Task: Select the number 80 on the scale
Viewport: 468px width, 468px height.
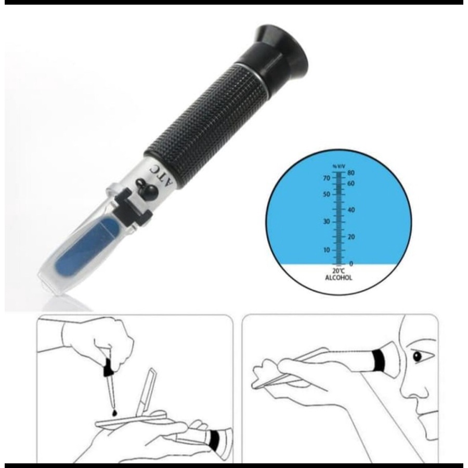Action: click(350, 173)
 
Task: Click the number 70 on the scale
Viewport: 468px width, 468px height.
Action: click(327, 178)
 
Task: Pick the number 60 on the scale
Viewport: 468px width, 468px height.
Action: click(350, 183)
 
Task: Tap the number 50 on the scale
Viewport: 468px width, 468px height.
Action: click(327, 194)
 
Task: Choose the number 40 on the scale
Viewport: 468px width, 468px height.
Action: click(351, 210)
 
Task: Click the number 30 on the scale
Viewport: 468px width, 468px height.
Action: click(327, 222)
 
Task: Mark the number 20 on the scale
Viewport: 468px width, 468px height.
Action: click(351, 237)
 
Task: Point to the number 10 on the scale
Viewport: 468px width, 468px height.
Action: click(327, 250)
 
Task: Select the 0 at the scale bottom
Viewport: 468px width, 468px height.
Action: click(351, 264)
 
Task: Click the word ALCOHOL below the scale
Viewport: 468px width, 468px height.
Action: click(339, 278)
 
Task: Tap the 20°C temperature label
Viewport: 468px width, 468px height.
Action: click(339, 271)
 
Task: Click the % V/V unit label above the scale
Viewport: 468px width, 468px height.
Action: click(339, 166)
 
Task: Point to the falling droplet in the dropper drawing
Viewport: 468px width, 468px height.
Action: click(114, 413)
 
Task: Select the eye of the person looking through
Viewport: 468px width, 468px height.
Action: click(417, 356)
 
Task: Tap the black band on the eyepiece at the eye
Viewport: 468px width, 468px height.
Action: click(379, 360)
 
